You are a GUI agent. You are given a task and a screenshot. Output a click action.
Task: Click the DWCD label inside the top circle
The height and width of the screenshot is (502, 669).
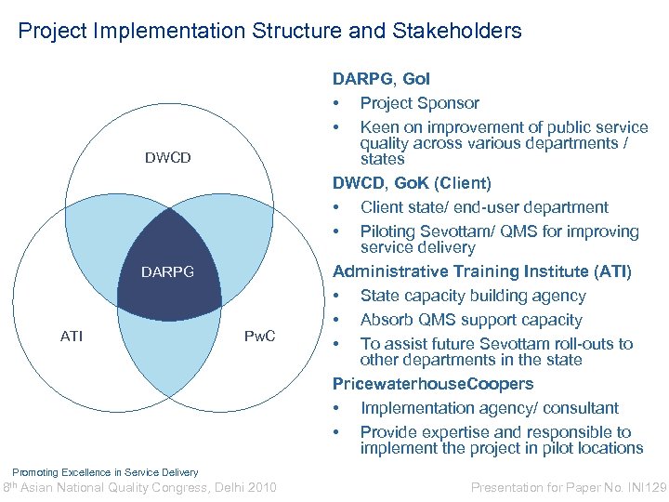[167, 158]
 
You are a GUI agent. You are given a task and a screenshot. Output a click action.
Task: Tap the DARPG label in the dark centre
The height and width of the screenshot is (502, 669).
[167, 272]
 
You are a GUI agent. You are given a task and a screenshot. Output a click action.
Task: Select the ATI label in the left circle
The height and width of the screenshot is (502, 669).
[72, 336]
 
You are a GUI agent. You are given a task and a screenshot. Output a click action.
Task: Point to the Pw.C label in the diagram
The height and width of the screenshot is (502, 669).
[259, 336]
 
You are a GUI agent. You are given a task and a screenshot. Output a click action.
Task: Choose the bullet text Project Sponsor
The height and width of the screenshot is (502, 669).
[419, 103]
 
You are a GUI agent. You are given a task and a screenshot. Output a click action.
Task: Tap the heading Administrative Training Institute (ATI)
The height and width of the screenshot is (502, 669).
[481, 271]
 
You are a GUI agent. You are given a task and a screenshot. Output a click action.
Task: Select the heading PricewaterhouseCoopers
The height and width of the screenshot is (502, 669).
[433, 384]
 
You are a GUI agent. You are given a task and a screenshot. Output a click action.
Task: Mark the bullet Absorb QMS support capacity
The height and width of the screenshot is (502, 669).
[471, 320]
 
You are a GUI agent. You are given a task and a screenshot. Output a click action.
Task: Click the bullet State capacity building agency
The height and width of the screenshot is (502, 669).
[473, 296]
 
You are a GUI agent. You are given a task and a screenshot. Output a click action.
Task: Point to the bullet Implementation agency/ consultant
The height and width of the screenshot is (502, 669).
[489, 408]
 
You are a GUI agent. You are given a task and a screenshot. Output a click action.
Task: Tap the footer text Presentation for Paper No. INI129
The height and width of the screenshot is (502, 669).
[569, 486]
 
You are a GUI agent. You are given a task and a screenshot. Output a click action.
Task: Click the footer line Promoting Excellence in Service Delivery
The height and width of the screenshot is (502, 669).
[105, 472]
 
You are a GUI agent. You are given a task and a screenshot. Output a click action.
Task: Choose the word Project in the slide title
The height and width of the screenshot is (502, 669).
[50, 31]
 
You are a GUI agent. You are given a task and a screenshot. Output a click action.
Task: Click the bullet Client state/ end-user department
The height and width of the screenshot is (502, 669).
[484, 207]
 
